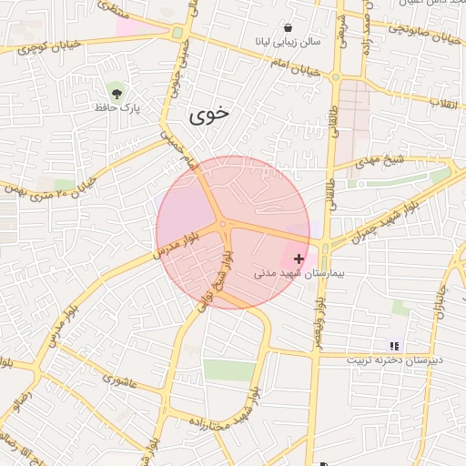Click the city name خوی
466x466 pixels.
[x=210, y=116]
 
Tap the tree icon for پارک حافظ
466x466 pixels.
[x=116, y=92]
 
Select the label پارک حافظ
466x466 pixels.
[x=116, y=107]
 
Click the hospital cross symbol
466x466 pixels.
[x=299, y=258]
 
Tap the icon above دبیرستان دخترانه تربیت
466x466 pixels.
[x=394, y=346]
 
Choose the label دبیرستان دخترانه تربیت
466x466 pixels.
[x=394, y=360]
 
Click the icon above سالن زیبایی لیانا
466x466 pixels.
[x=289, y=28]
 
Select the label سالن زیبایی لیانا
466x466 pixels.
[x=287, y=43]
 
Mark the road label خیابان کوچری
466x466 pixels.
[x=35, y=44]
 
